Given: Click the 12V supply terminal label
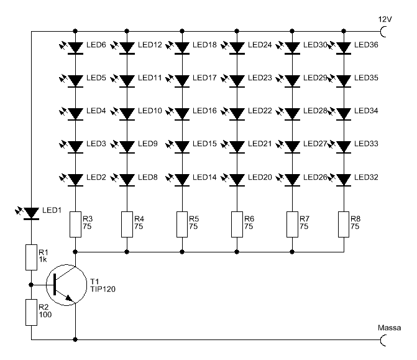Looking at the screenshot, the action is (x=385, y=19).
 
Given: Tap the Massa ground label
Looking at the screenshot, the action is (x=389, y=328).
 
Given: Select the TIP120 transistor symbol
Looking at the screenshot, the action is (x=66, y=285).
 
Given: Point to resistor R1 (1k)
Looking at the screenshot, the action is (x=31, y=257).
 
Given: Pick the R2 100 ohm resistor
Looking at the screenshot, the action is (x=31, y=312).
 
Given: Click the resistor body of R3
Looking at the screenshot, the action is (x=76, y=224).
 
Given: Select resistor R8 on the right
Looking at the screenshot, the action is (x=344, y=224).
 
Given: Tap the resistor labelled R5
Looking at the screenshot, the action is (x=182, y=224).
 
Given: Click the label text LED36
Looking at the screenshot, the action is (x=366, y=45).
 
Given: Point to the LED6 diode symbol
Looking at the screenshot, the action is (x=76, y=48).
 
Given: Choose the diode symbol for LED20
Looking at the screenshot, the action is (x=237, y=180).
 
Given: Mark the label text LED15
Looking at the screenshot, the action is (x=204, y=144).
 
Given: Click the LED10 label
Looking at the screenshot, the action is (x=150, y=111).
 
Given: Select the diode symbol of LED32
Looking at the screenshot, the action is (x=344, y=180).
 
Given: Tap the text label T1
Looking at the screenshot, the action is (x=94, y=282).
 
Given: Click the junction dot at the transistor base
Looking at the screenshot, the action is (x=31, y=285).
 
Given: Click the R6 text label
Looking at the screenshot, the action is (x=249, y=219).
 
